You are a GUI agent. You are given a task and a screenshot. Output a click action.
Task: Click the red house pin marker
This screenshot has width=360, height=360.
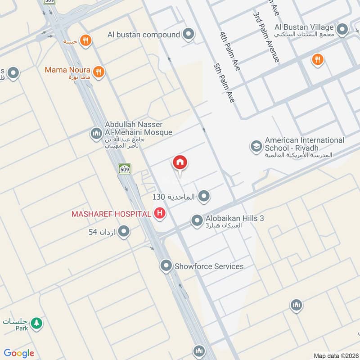point(180,163)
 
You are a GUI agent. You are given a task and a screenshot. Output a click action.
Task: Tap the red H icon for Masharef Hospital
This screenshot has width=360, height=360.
point(159,213)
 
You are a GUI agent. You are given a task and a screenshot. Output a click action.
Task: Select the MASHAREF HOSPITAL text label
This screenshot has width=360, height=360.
point(111,214)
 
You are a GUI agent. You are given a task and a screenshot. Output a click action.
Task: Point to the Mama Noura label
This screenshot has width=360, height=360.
point(67,71)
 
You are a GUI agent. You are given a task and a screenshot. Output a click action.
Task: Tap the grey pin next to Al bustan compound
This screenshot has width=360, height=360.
point(189,34)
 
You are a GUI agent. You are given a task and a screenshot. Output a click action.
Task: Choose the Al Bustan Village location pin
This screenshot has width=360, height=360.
point(342,30)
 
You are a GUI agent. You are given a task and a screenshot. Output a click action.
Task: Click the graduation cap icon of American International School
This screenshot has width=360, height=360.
point(256,146)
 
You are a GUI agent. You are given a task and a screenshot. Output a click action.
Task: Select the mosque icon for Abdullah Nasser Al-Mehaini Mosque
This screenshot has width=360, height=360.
point(96,133)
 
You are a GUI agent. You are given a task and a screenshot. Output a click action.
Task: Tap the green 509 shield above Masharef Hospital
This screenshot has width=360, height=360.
point(125,169)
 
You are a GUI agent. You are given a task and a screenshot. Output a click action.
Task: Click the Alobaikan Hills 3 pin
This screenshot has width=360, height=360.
point(197,220)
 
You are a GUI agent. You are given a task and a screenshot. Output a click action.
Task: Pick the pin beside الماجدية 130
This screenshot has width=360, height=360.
point(204,196)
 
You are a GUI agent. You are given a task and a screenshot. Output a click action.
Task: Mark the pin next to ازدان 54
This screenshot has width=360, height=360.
point(125,232)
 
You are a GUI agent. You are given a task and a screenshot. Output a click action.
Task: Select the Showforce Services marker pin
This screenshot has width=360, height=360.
point(167,266)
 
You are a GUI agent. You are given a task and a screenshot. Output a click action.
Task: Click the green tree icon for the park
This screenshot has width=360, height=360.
point(37,323)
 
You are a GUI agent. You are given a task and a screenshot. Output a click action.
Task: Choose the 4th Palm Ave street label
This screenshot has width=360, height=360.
point(229,51)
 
